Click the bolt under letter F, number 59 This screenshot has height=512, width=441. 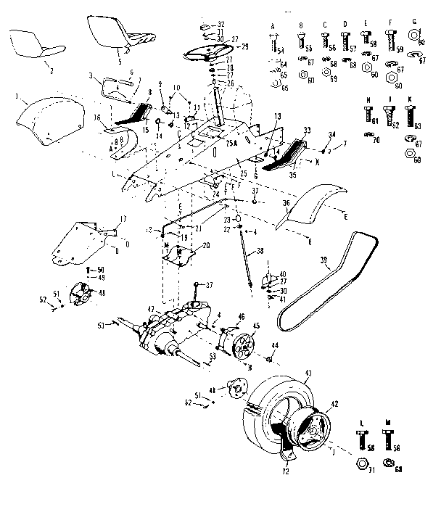392,38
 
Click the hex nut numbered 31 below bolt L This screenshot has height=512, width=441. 361,462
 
